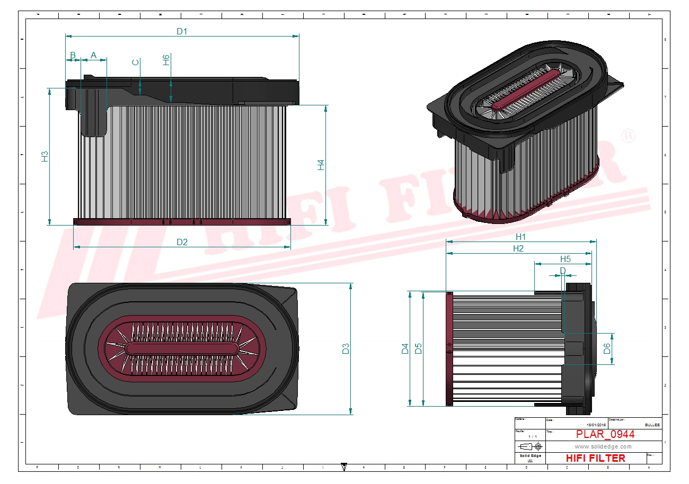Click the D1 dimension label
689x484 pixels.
coord(182,31)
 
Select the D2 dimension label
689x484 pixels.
coord(182,242)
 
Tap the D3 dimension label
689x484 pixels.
coord(346,348)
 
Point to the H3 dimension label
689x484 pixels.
coord(45,156)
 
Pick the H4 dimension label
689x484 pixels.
coord(321,165)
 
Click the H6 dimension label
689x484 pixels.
coord(166,59)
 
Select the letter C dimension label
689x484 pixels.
coord(136,62)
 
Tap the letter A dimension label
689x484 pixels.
coord(94,55)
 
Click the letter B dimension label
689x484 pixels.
coord(73,55)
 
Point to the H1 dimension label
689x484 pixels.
coord(520,237)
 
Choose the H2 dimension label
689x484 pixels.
coord(518,248)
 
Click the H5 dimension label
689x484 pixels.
coord(566,259)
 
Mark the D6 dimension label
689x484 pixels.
coord(607,348)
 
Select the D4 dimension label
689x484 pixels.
coord(405,348)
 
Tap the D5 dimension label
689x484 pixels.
coord(418,348)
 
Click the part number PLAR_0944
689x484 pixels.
coord(605,435)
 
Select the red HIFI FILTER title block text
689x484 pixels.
coord(595,458)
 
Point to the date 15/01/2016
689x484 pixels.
coord(596,425)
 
